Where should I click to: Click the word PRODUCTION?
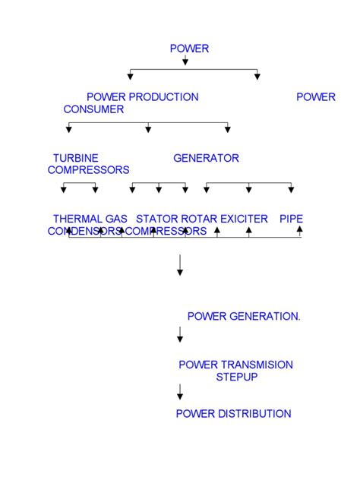pyautogui.click(x=163, y=97)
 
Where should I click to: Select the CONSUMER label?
pyautogui.click(x=93, y=109)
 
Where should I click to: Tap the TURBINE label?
pyautogui.click(x=75, y=158)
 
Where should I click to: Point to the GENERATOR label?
pyautogui.click(x=206, y=158)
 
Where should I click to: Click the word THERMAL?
pyautogui.click(x=77, y=219)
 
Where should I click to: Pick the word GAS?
pyautogui.click(x=116, y=219)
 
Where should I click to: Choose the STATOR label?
pyautogui.click(x=157, y=219)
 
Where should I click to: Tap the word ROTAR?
pyautogui.click(x=200, y=219)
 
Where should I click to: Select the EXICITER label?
pyautogui.click(x=244, y=219)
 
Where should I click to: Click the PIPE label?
pyautogui.click(x=291, y=219)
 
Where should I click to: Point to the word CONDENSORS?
pyautogui.click(x=85, y=231)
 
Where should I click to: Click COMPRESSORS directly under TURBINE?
pyautogui.click(x=88, y=170)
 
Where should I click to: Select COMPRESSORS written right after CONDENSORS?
pyautogui.click(x=166, y=231)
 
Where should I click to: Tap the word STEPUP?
pyautogui.click(x=237, y=377)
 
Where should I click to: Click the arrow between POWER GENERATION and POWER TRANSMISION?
pyautogui.click(x=180, y=334)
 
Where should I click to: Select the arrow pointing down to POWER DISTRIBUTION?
pyautogui.click(x=180, y=393)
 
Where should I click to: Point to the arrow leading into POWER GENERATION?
pyautogui.click(x=180, y=265)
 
